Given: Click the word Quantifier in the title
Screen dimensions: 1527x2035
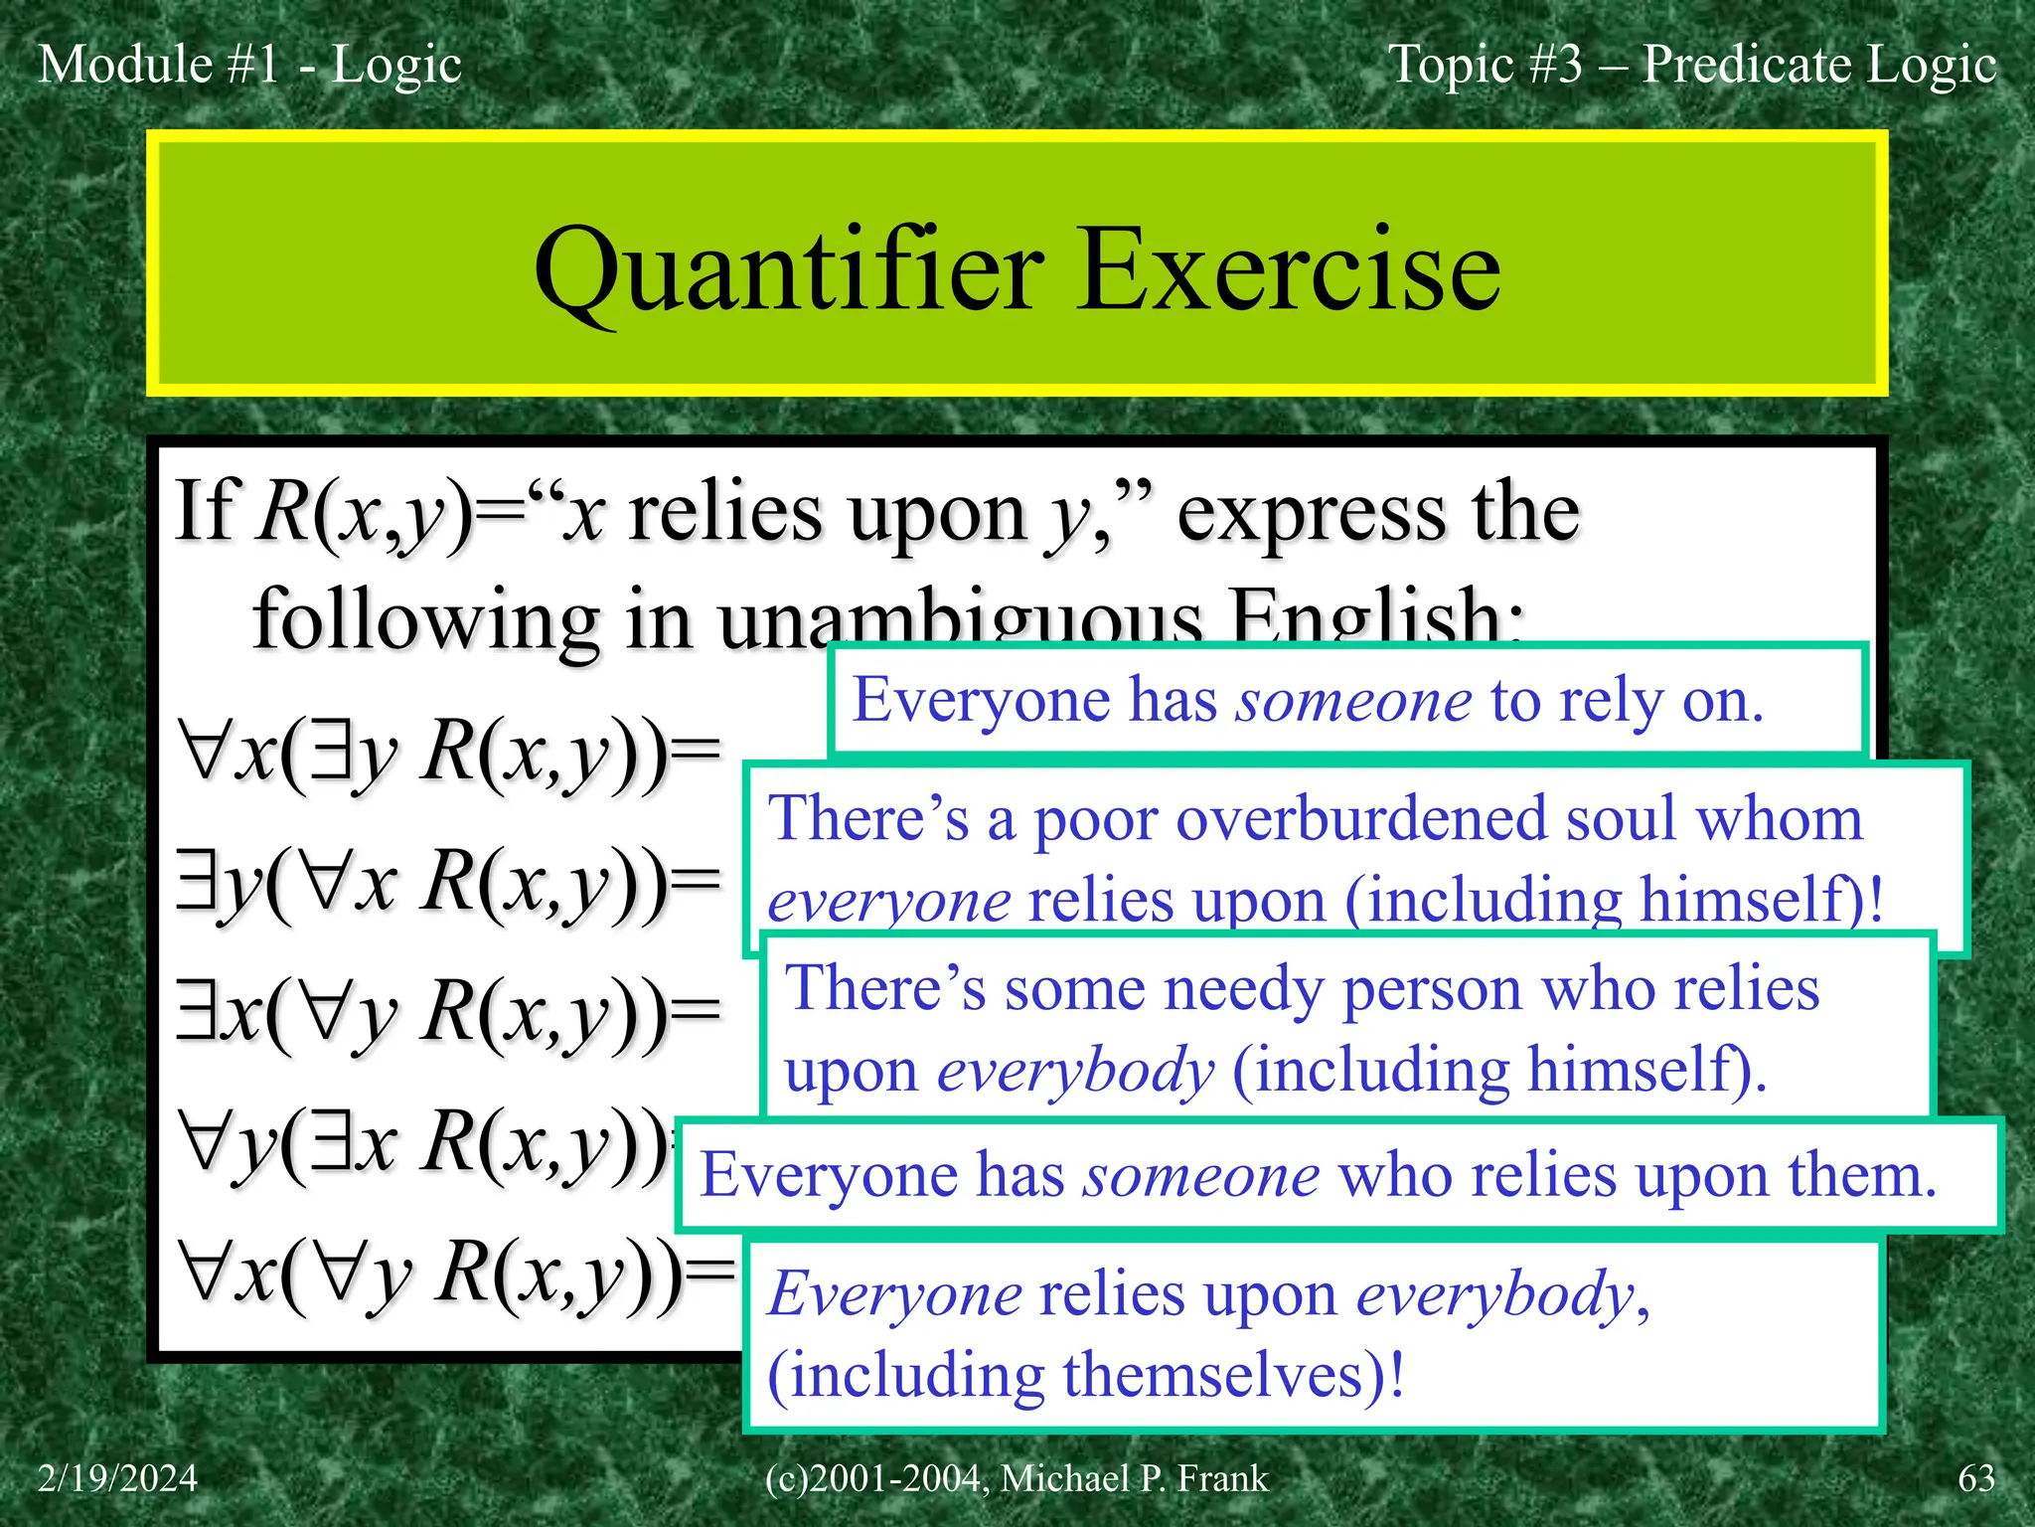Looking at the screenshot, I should pos(788,271).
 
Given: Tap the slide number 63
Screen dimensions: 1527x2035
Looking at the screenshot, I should pos(1975,1478).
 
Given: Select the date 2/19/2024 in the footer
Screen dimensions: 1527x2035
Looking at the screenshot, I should pos(117,1478).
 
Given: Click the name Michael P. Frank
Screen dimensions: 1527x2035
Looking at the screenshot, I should pos(1134,1478).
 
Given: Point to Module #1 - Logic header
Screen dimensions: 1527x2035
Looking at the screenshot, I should pos(249,65).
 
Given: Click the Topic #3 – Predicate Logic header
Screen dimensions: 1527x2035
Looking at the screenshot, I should pos(1691,65).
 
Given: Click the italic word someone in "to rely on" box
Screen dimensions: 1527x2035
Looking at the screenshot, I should pos(1353,701).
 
